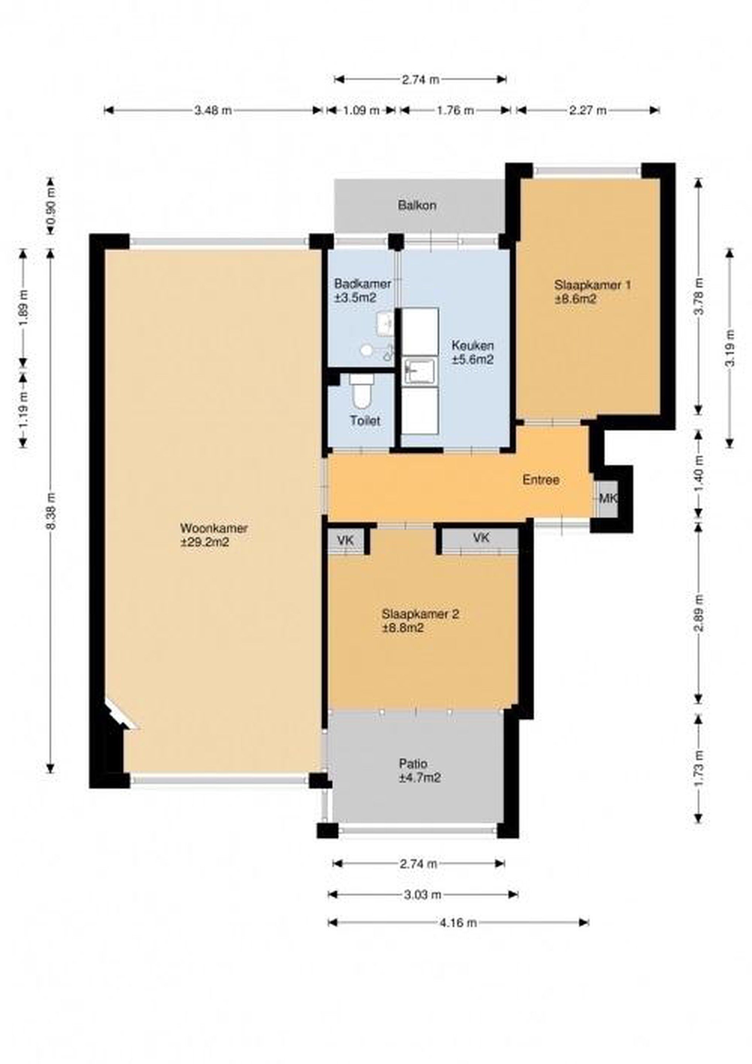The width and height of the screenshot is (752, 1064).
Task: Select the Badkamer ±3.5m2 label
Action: (363, 290)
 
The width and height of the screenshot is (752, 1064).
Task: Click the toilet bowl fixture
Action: (361, 391)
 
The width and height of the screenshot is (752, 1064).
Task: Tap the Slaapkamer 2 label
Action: (420, 621)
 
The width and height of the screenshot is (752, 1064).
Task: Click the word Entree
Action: (541, 480)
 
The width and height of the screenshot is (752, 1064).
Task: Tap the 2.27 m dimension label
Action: (588, 110)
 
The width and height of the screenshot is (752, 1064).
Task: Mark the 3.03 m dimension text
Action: (423, 894)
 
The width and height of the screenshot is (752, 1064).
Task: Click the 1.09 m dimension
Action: (361, 110)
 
